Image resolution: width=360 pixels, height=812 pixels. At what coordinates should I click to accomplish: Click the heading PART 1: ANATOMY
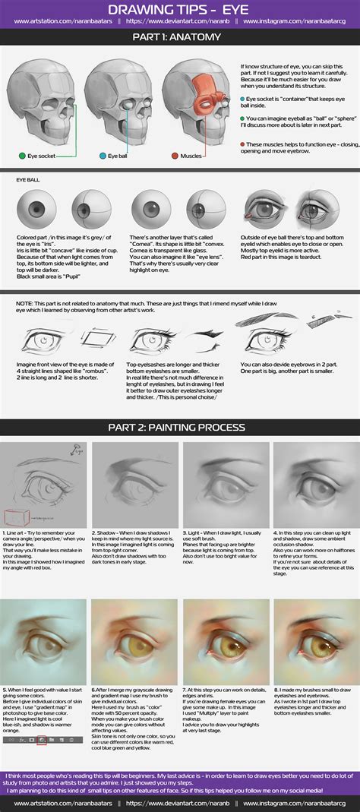(180, 37)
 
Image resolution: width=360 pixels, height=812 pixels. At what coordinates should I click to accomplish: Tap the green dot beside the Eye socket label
(23, 156)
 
